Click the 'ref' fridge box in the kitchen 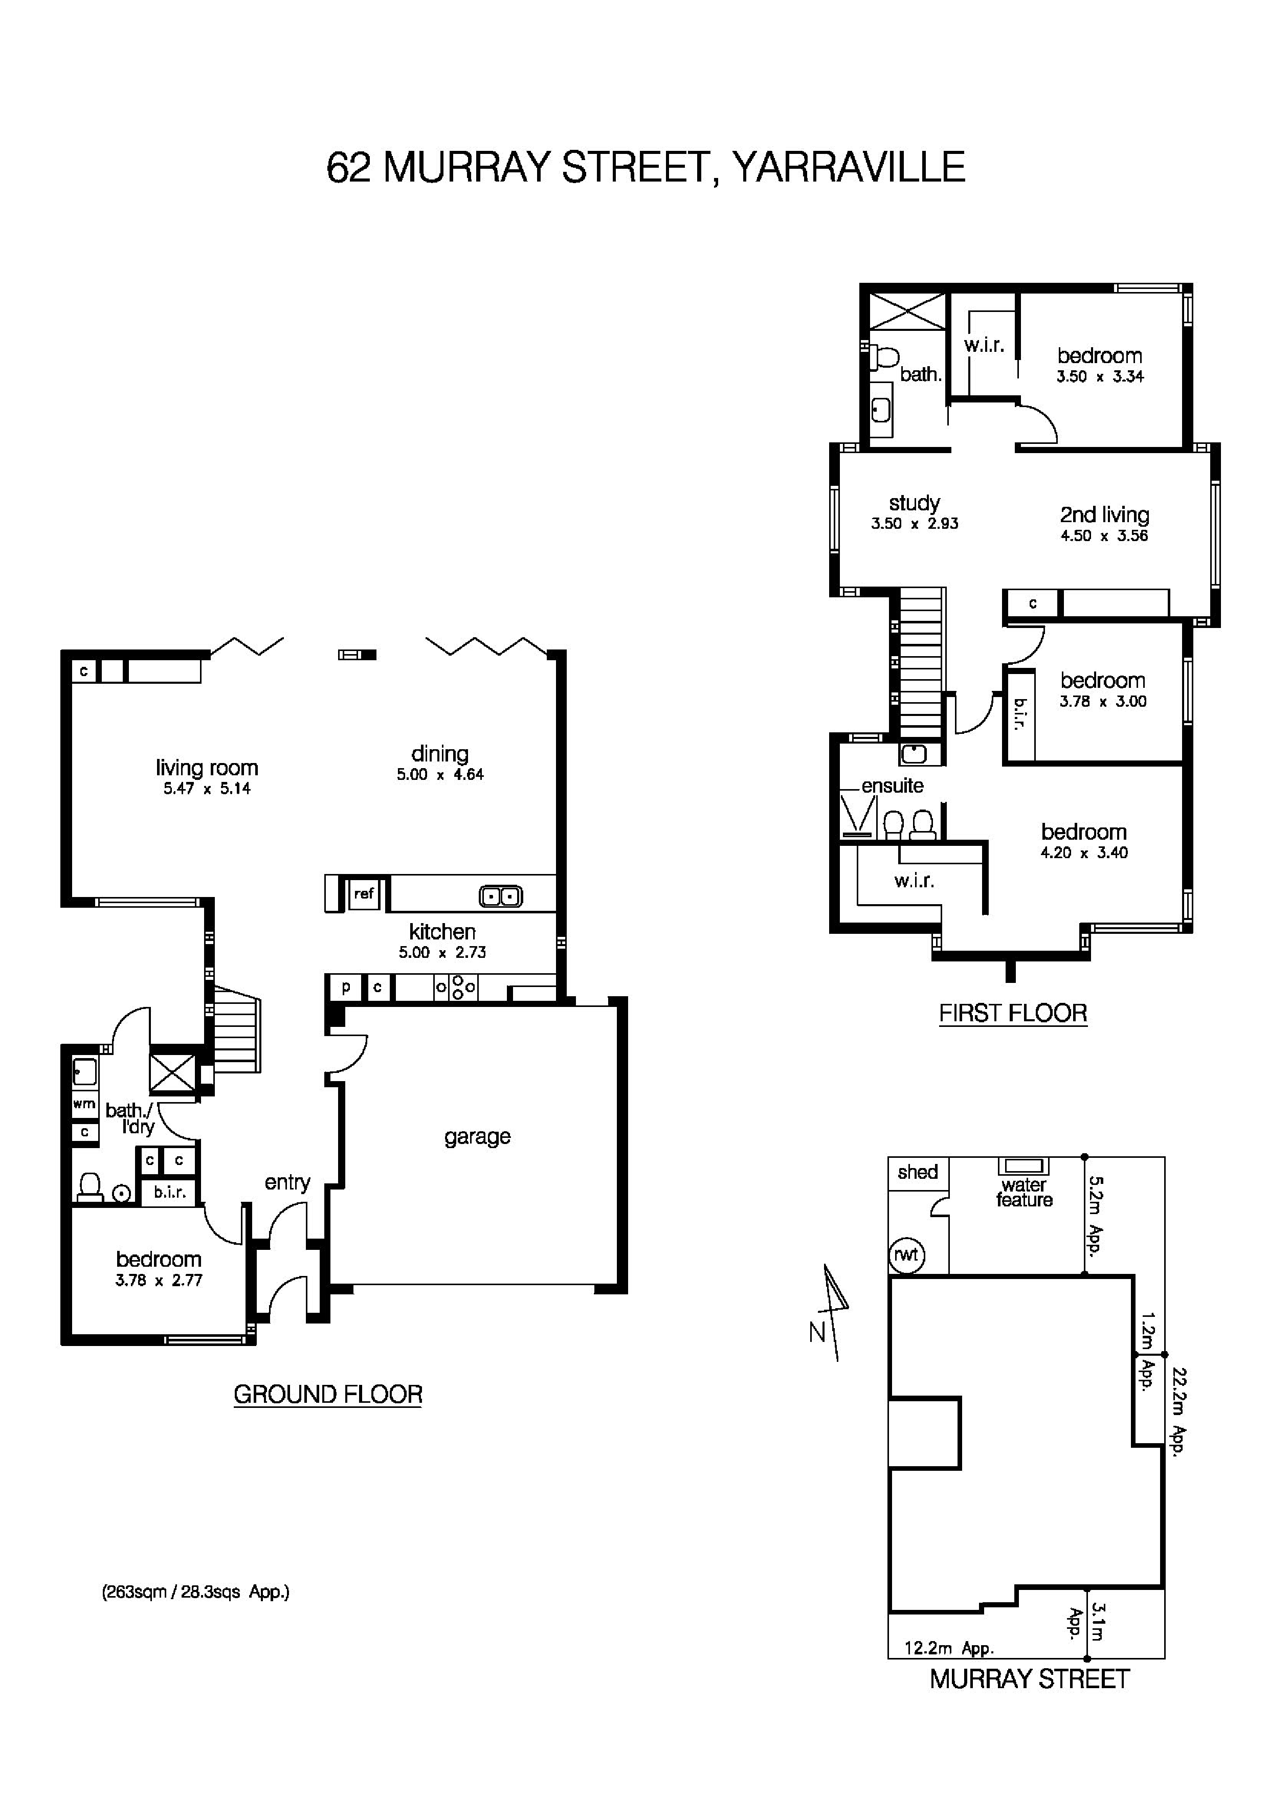363,893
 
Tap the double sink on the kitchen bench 500,896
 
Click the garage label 477,1136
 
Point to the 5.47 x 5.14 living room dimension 207,789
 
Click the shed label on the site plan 917,1172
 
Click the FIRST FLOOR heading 1013,1014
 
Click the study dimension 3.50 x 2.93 914,524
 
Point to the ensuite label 892,786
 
